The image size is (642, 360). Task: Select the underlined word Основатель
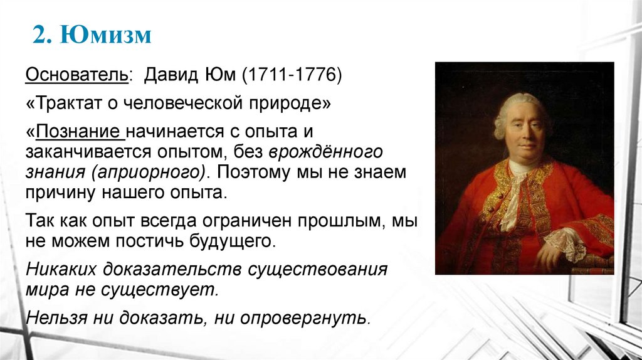pos(76,76)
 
